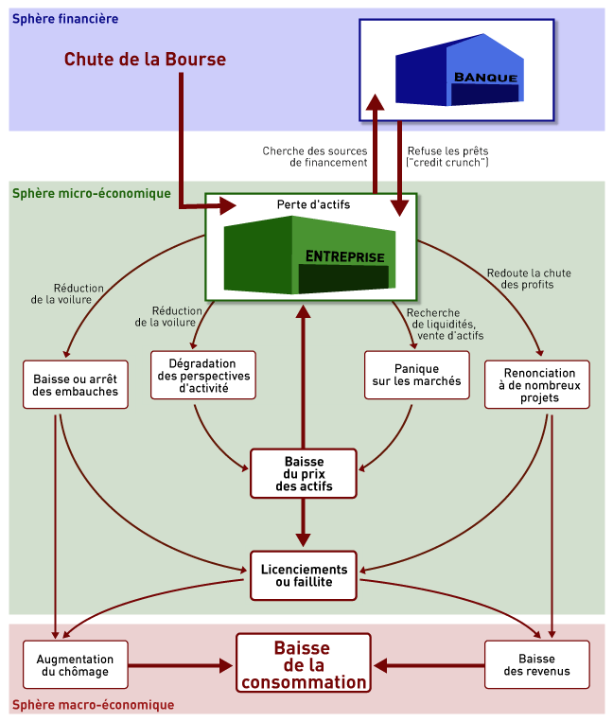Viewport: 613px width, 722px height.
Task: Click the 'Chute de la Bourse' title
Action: [x=145, y=60]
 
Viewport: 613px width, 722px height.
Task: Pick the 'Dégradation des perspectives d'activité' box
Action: [x=203, y=375]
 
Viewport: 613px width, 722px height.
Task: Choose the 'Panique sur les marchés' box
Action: [x=417, y=375]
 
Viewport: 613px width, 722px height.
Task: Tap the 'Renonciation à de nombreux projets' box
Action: [x=536, y=384]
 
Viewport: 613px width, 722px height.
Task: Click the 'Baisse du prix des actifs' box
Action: [x=304, y=473]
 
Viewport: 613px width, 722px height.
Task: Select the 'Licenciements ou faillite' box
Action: [x=304, y=575]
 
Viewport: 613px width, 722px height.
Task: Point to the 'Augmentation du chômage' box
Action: [x=75, y=665]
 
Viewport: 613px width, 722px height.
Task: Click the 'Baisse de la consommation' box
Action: [x=303, y=665]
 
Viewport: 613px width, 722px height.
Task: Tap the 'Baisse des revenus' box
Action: [x=536, y=665]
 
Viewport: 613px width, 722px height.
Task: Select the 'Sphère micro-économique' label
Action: [x=91, y=193]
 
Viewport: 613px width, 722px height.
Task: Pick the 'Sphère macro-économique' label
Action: [x=93, y=705]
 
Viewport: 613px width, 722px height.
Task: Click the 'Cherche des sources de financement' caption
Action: [x=314, y=156]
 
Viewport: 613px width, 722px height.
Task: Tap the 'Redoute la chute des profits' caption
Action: [x=530, y=278]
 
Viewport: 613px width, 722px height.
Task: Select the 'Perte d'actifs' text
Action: [x=313, y=204]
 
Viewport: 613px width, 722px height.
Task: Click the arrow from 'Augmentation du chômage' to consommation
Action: [x=180, y=665]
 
